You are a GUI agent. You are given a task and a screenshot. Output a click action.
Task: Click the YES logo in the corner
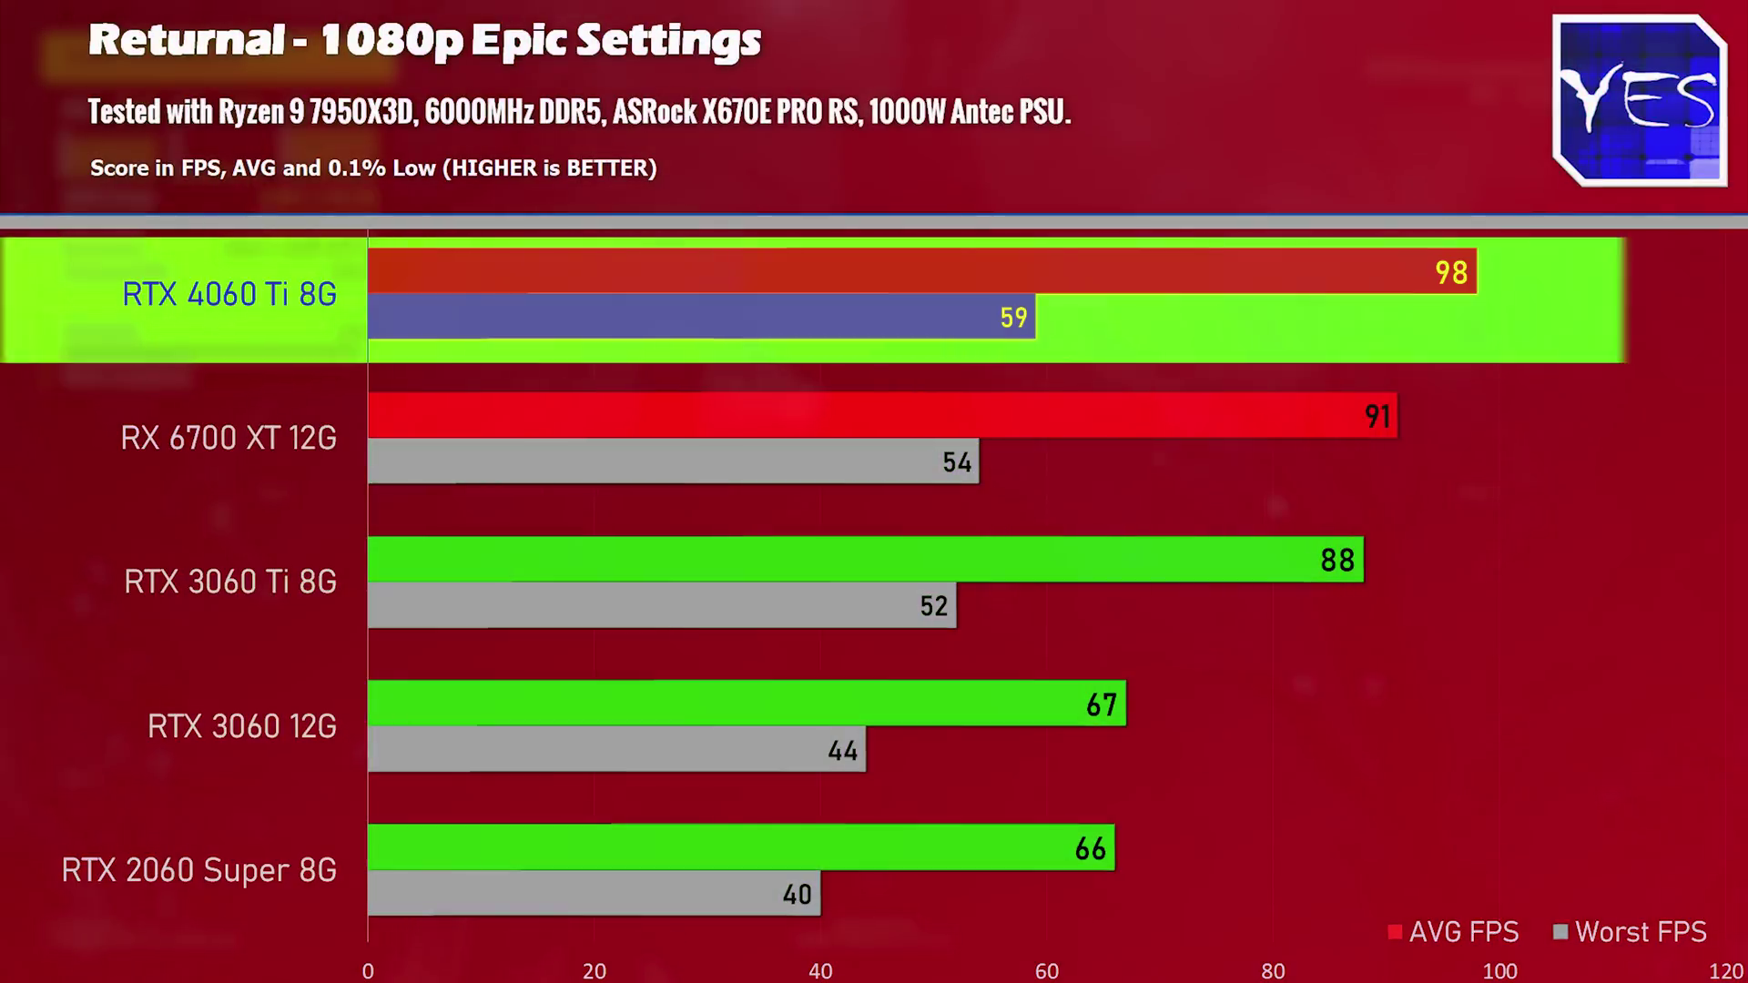[x=1640, y=100]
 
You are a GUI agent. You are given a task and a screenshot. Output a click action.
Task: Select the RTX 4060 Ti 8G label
[x=229, y=294]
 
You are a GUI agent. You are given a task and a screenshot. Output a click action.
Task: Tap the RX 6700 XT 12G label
[x=229, y=438]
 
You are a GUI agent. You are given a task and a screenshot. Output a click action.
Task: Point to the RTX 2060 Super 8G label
[x=199, y=870]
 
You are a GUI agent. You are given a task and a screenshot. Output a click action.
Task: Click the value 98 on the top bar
[x=1451, y=272]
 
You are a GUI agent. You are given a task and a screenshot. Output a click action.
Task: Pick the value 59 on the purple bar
[x=1013, y=318]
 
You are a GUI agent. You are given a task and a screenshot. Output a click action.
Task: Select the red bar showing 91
[x=881, y=415]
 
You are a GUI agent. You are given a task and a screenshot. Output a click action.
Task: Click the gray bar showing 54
[x=673, y=461]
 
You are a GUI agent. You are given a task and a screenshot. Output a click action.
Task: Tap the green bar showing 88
[x=865, y=559]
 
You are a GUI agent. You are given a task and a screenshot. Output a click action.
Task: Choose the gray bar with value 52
[x=662, y=605]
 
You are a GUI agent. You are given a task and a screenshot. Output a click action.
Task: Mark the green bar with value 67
[x=747, y=703]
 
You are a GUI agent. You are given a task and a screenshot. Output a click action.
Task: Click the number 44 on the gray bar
[x=843, y=751]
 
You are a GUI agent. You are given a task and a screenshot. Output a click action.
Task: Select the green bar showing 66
[x=741, y=847]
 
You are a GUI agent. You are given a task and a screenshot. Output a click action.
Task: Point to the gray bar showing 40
[x=594, y=893]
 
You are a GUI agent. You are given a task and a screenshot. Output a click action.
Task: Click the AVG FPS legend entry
[x=1454, y=932]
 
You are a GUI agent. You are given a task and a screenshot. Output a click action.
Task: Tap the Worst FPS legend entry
[x=1631, y=932]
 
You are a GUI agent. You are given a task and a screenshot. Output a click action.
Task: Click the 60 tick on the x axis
[x=1047, y=971]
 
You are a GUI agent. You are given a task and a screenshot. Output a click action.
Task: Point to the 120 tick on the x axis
[x=1726, y=971]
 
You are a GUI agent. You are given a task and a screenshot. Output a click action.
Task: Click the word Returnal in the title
[x=187, y=40]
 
